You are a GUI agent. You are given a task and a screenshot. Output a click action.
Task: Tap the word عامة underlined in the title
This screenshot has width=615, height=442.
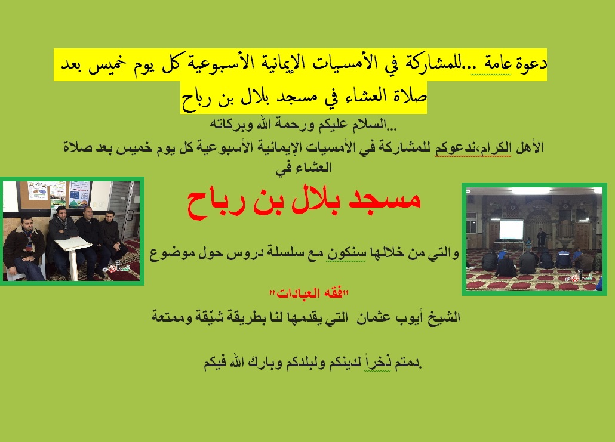(497, 64)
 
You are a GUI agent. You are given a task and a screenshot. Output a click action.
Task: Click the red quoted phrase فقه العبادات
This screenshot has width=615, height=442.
(309, 293)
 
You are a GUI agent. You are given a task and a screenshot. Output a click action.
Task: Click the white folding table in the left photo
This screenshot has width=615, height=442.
(73, 255)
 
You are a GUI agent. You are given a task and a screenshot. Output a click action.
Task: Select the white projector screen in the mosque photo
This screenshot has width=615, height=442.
(511, 229)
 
